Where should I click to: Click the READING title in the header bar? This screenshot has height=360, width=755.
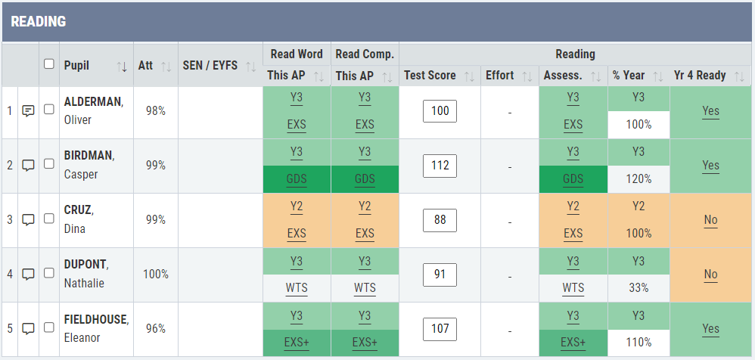tap(38, 22)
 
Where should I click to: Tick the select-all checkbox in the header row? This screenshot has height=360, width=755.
tap(49, 64)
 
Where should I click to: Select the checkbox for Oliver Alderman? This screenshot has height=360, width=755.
tap(49, 110)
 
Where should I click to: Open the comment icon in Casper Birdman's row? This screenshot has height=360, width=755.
tap(29, 165)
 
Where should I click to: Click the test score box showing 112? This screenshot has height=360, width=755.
tap(440, 165)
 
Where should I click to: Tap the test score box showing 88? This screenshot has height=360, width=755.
tap(440, 219)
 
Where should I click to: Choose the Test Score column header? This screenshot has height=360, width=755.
tap(430, 76)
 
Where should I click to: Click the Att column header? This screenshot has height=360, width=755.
tap(145, 65)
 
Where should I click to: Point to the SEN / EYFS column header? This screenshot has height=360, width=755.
tap(210, 65)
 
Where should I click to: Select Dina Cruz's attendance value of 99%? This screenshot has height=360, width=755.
tap(155, 219)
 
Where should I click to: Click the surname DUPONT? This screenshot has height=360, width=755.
tap(85, 265)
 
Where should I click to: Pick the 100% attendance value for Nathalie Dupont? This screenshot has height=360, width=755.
tap(155, 274)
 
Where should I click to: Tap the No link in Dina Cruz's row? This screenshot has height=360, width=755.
tap(710, 220)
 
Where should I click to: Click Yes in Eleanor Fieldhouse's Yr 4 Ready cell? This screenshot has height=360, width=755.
tap(710, 329)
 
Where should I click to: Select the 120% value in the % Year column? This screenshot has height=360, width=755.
tap(638, 179)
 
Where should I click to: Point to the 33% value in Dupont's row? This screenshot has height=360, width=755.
tap(638, 288)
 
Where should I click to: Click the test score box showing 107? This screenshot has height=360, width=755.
tap(440, 328)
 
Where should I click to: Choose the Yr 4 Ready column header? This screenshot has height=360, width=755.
tap(700, 76)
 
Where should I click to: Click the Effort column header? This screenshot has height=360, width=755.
tap(500, 76)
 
